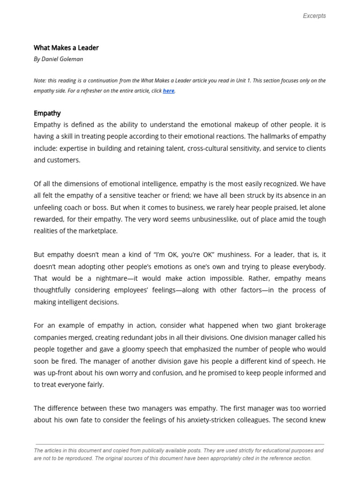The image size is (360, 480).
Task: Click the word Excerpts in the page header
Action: click(x=314, y=15)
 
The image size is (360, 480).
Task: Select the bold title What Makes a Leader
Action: click(x=66, y=47)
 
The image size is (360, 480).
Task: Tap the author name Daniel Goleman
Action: click(x=62, y=59)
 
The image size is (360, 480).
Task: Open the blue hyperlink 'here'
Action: click(x=168, y=91)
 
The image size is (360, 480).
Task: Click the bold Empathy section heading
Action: click(x=47, y=113)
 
